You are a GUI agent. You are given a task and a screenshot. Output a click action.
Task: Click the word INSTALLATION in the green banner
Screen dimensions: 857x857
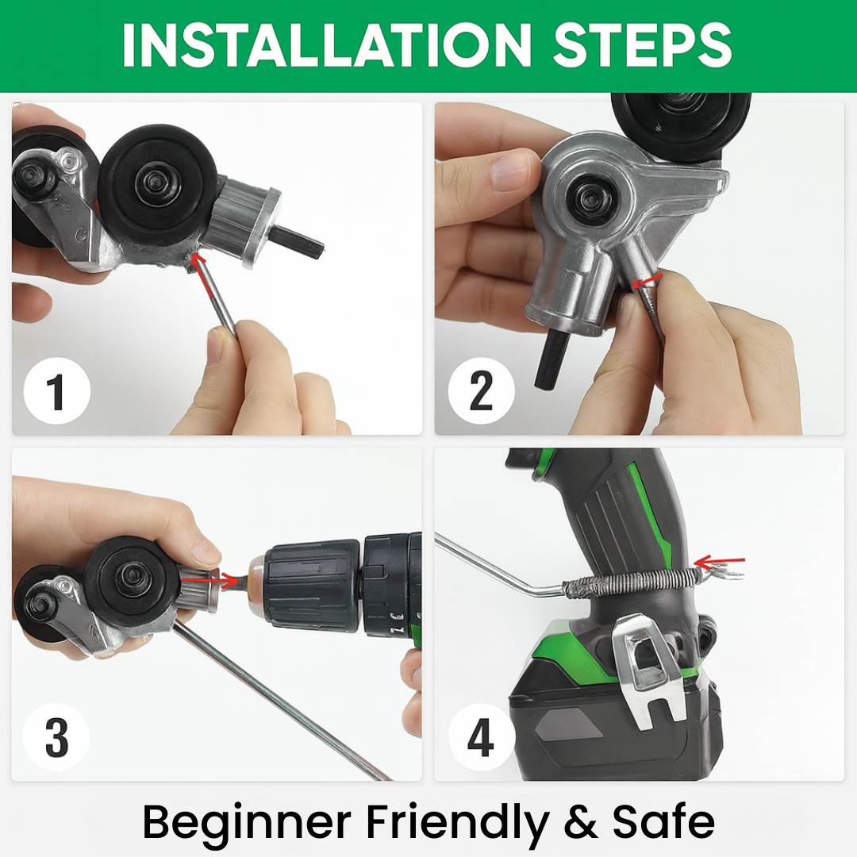tap(327, 44)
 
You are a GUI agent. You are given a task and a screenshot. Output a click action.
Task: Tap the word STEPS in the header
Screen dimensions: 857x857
tap(643, 44)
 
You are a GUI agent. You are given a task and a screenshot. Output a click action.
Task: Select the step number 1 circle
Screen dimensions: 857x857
tap(57, 390)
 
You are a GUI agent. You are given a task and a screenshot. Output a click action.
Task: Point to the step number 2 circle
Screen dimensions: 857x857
tap(481, 390)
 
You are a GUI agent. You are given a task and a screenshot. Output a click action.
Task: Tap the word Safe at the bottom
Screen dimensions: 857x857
tap(663, 821)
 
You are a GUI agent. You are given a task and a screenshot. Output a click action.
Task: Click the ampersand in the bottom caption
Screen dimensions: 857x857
tap(580, 822)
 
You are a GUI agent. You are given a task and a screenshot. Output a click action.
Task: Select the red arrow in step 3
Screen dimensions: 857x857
tap(204, 580)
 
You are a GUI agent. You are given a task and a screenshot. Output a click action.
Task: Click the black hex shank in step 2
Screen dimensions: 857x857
tap(551, 358)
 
